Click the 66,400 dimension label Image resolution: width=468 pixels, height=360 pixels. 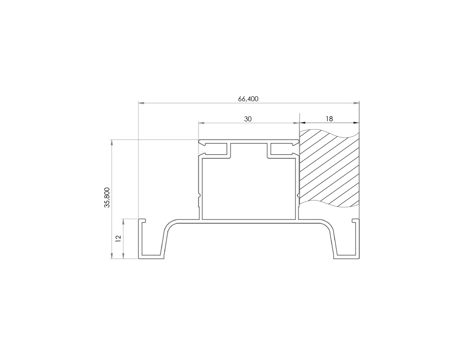(x=248, y=99)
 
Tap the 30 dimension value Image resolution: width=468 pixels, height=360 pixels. (x=248, y=119)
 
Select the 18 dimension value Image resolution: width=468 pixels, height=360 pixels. (x=329, y=119)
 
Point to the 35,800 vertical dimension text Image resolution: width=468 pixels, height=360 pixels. (x=107, y=197)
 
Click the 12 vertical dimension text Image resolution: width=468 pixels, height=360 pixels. (x=118, y=239)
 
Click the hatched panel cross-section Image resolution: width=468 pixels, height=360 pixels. (x=329, y=168)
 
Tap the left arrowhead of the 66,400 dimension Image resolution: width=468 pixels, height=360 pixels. (x=141, y=103)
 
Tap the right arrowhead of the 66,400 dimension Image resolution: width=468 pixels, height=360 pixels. (x=356, y=103)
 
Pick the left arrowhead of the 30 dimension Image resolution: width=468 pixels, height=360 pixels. (x=201, y=123)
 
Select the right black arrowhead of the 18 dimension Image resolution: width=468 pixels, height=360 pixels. (x=356, y=123)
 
